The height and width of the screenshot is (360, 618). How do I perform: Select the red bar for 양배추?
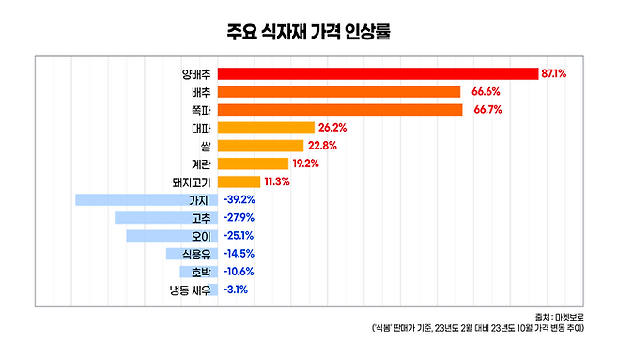point(377,73)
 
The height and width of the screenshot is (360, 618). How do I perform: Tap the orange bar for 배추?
point(339,92)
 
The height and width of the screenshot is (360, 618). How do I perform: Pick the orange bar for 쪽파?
point(340,110)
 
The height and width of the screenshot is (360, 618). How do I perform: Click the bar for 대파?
point(266,128)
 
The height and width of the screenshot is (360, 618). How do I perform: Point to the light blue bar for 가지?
point(146,199)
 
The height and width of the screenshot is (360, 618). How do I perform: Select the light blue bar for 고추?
point(165,217)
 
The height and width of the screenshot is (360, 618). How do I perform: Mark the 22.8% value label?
point(321,146)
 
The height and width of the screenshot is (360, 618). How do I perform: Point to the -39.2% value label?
point(239,199)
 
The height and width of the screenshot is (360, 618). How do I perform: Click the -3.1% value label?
point(236,290)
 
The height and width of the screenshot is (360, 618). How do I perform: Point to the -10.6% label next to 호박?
point(239,272)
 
